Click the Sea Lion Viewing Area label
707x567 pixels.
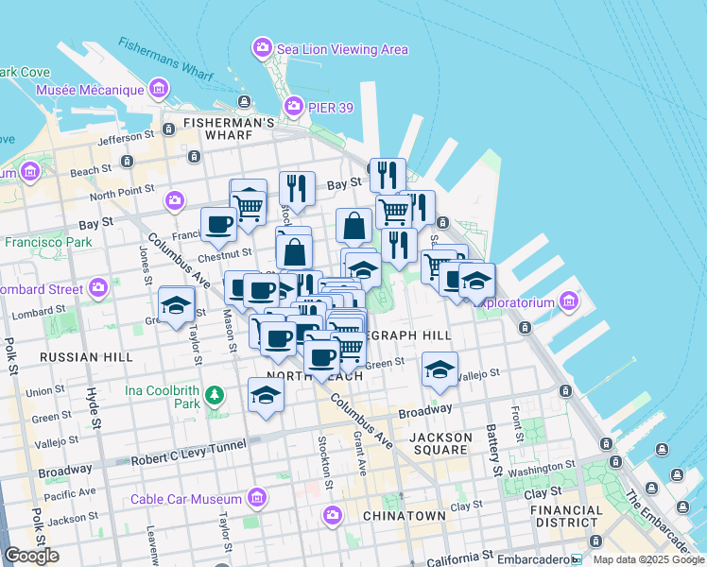(341, 48)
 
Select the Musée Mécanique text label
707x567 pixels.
(89, 91)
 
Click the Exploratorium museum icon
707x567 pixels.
(568, 302)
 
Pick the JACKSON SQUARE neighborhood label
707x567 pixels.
(440, 444)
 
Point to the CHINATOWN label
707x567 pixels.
(404, 516)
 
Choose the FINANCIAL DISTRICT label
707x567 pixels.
(567, 516)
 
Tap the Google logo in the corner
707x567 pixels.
(31, 556)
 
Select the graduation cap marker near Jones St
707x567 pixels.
(176, 306)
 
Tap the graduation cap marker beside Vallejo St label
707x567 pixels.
(440, 369)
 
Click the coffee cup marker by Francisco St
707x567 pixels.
(219, 225)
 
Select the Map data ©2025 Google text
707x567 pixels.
(647, 559)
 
